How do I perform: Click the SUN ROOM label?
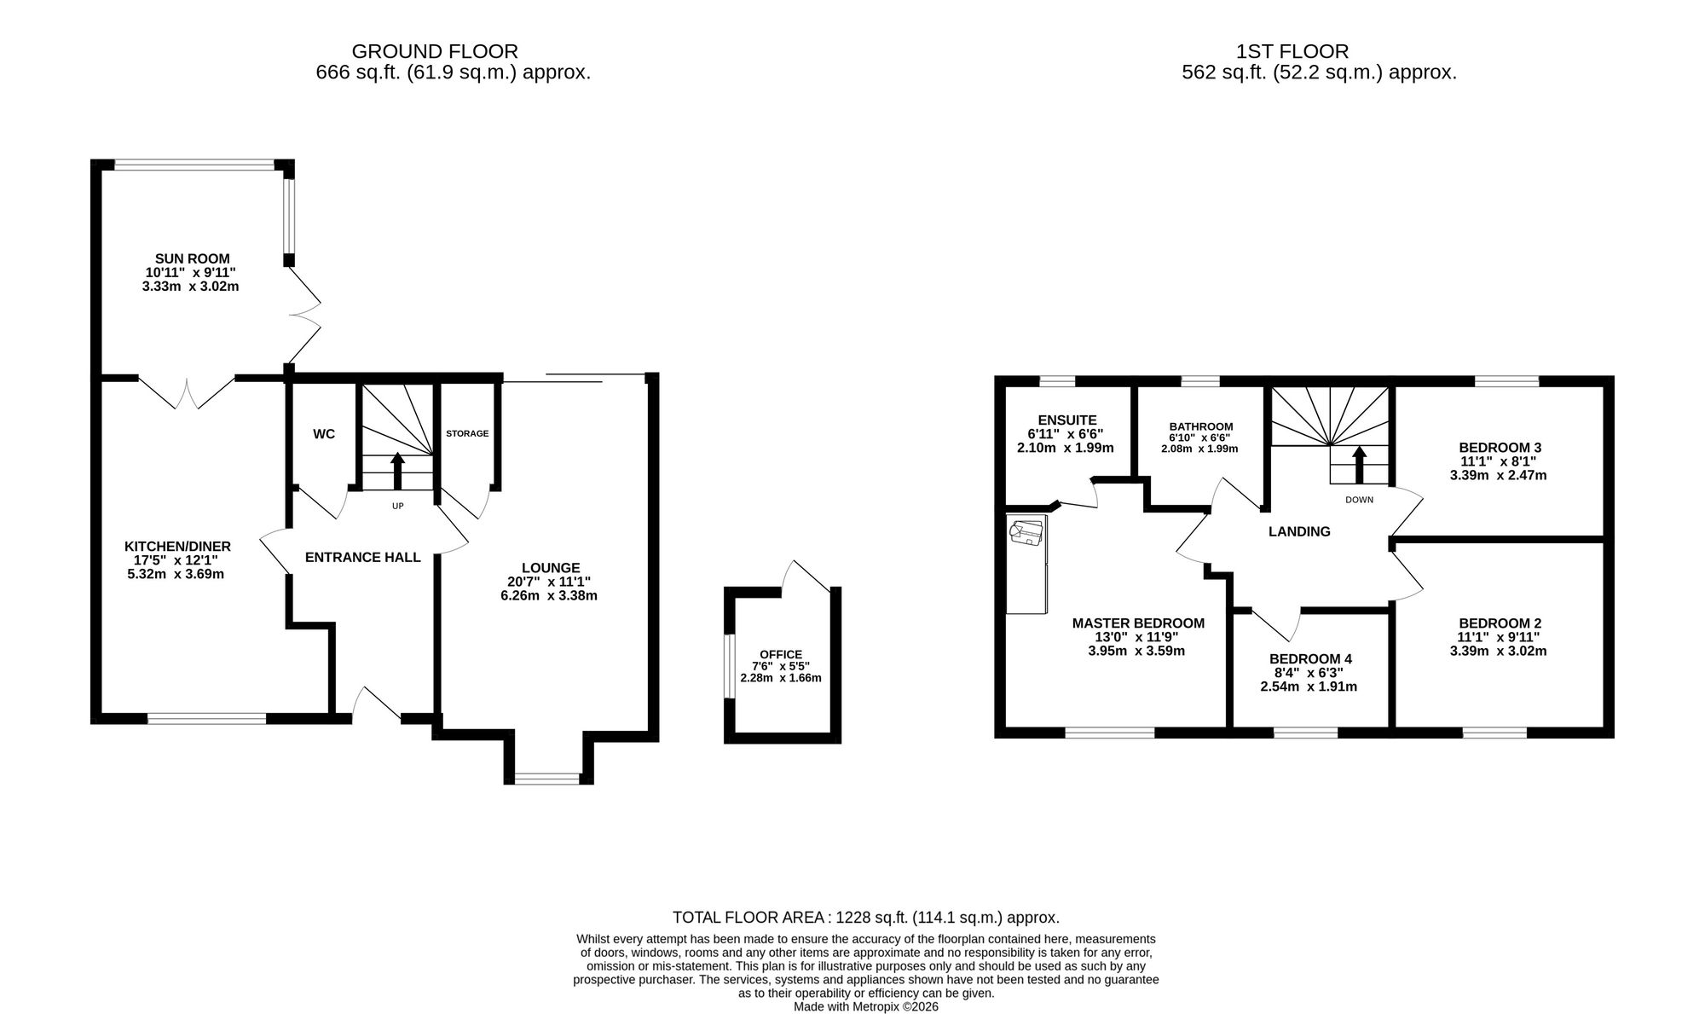point(192,258)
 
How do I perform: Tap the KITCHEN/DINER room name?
point(177,546)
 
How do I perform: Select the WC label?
point(324,434)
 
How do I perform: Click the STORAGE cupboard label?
point(467,433)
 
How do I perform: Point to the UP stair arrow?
point(397,471)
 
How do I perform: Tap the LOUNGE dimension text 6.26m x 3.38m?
point(549,595)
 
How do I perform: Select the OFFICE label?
point(781,655)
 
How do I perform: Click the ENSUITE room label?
point(1067,420)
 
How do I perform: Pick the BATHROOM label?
point(1201,426)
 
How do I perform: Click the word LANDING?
point(1299,531)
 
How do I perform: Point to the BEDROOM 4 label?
point(1310,659)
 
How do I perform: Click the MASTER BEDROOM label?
point(1138,623)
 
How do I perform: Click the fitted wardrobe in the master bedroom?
point(1026,564)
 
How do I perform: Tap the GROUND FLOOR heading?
point(435,52)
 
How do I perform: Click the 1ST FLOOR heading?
point(1292,52)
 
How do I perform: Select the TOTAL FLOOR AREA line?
point(866,918)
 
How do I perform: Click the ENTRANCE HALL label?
point(363,558)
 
